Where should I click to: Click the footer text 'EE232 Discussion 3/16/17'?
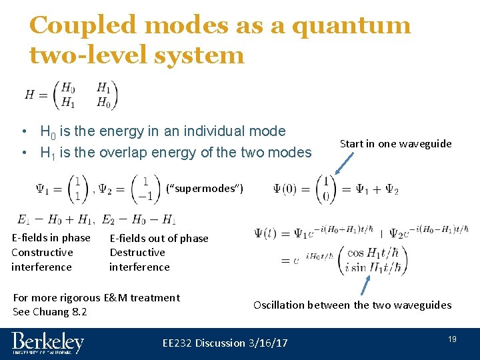(225, 343)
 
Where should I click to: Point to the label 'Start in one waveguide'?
(395, 143)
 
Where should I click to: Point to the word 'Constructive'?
(42, 253)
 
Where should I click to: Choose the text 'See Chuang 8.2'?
(50, 312)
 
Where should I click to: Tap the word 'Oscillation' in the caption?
(279, 305)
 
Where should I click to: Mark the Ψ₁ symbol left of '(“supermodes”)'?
(46, 189)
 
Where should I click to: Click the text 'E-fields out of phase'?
(159, 238)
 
